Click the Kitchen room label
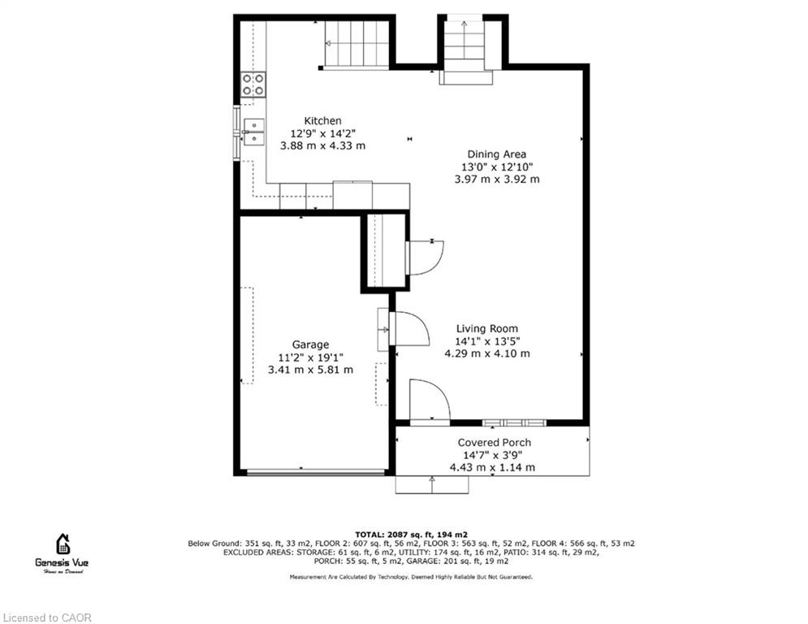pyautogui.click(x=322, y=121)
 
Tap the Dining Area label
pyautogui.click(x=497, y=154)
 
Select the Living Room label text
pyautogui.click(x=487, y=328)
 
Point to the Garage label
pyautogui.click(x=310, y=344)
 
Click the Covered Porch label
pyautogui.click(x=495, y=443)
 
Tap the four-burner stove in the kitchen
pyautogui.click(x=253, y=84)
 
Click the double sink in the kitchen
pyautogui.click(x=253, y=132)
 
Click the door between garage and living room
pyautogui.click(x=409, y=328)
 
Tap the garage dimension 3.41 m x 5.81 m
pyautogui.click(x=310, y=370)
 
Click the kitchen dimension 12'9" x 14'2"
pyautogui.click(x=322, y=133)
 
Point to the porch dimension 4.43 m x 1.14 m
pyautogui.click(x=492, y=468)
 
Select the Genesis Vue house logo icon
pyautogui.click(x=63, y=544)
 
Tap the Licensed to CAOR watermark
pyautogui.click(x=47, y=617)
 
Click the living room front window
pyautogui.click(x=514, y=422)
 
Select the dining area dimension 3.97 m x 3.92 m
pyautogui.click(x=497, y=180)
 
